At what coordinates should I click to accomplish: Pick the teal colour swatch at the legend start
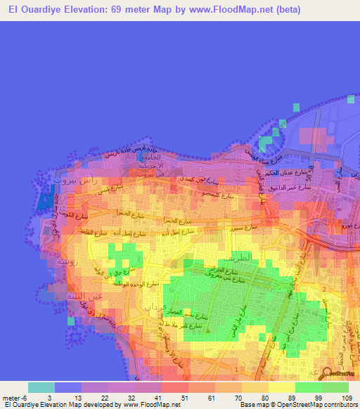pyautogui.click(x=41, y=387)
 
